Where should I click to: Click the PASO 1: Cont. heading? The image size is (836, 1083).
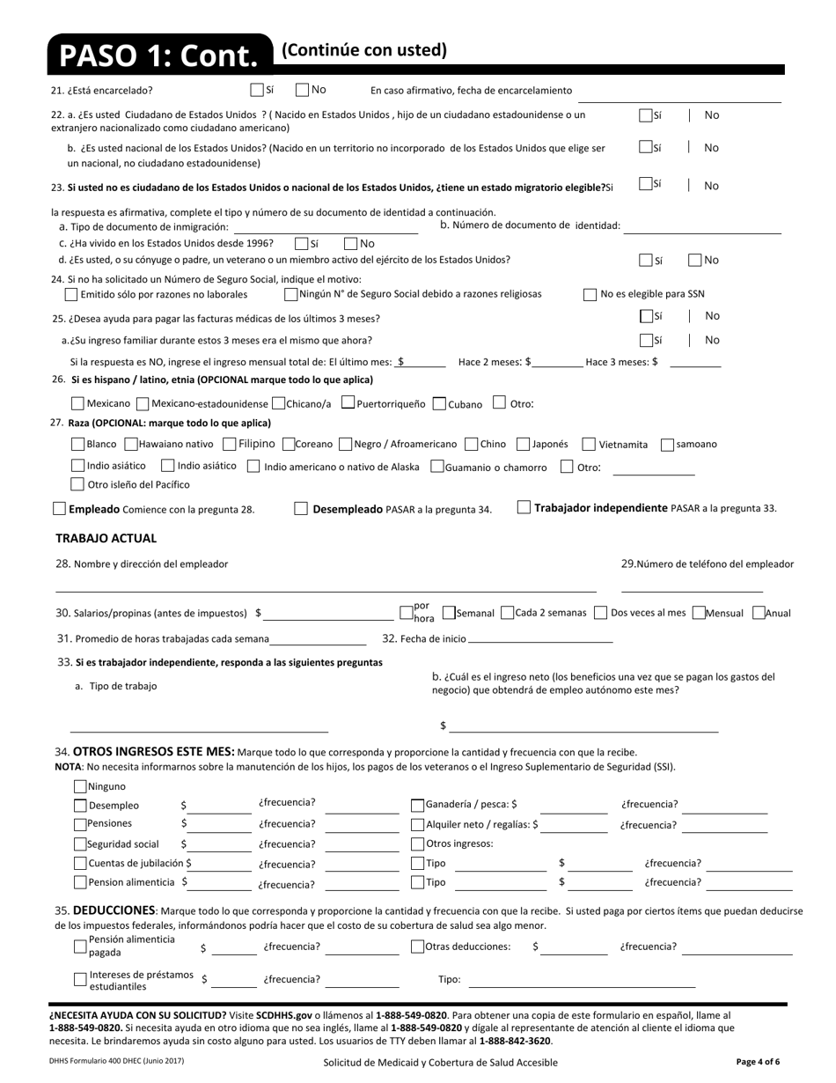click(159, 55)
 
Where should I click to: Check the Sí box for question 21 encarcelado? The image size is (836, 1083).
click(257, 89)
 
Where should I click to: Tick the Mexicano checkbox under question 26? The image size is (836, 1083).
click(77, 403)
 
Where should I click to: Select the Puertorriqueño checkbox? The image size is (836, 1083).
click(348, 402)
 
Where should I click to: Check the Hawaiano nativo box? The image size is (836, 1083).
click(131, 445)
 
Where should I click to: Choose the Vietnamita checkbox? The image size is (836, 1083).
click(590, 445)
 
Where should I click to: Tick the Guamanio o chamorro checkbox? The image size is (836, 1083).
click(436, 466)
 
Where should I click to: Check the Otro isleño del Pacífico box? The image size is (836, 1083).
click(77, 483)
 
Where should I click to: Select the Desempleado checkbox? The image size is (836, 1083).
click(301, 508)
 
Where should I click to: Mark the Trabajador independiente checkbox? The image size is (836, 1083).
click(524, 506)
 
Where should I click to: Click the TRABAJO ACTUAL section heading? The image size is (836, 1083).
click(106, 538)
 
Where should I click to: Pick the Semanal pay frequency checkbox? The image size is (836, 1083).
click(449, 613)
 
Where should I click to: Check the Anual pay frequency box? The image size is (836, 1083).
click(759, 613)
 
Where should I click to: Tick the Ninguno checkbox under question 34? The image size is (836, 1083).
click(80, 786)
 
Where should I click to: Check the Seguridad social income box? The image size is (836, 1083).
click(80, 844)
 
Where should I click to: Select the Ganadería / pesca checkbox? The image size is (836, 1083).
click(418, 804)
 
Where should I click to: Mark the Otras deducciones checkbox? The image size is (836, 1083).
click(418, 947)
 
